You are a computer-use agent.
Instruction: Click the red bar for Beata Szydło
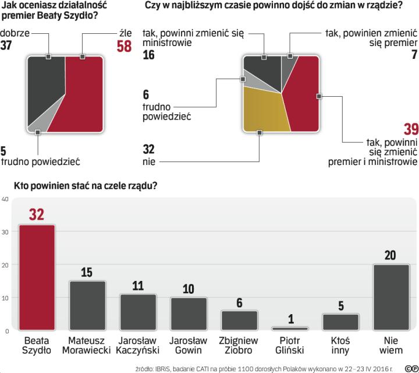point(37,277)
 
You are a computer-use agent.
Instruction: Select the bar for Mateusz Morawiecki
point(87,305)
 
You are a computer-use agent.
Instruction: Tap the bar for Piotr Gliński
point(290,329)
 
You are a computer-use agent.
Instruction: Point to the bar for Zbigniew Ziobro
point(239,320)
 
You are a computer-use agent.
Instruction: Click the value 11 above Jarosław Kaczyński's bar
point(138,286)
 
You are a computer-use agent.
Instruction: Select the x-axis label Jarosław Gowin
point(189,345)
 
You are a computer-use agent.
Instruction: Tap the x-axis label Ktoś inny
point(340,345)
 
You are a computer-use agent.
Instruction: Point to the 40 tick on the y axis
point(5,199)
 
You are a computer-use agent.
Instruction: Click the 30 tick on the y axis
point(5,232)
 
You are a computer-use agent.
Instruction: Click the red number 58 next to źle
point(124,46)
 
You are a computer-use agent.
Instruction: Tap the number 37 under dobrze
point(8,46)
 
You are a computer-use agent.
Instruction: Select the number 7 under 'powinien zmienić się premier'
point(414,55)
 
